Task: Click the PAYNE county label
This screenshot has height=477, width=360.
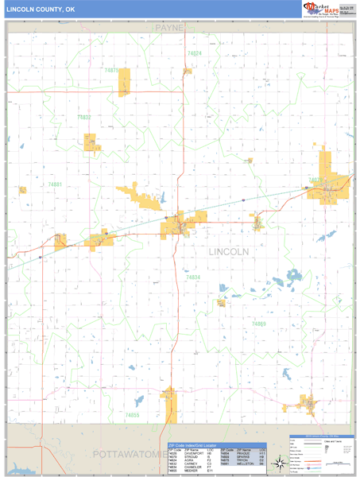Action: (169, 28)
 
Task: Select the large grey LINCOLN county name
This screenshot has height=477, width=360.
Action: (229, 251)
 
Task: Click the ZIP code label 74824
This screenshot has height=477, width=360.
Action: (194, 53)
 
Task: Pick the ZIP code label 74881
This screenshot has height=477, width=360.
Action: (55, 184)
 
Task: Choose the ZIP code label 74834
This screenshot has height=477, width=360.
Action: (193, 277)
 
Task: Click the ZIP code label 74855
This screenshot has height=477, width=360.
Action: (132, 415)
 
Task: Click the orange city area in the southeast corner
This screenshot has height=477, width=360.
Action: (305, 404)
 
